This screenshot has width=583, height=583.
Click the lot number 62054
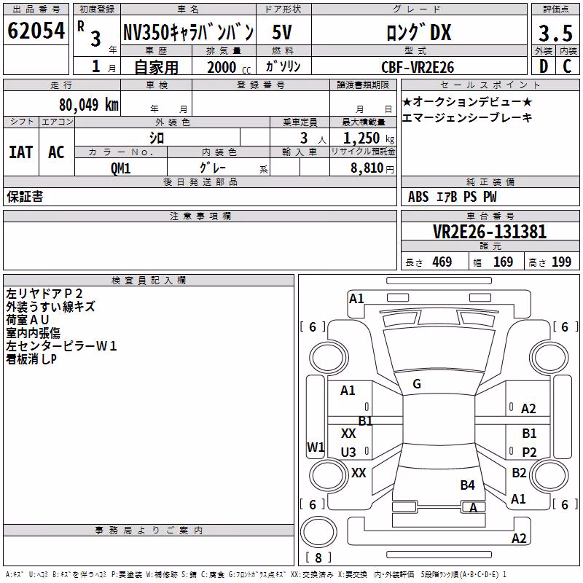36,31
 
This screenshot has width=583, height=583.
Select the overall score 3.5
555,33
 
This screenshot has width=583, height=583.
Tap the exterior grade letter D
544,66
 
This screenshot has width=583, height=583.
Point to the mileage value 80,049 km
88,105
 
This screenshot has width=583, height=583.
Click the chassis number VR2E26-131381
490,232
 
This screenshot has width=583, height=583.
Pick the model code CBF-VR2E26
418,67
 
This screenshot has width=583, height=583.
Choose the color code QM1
120,168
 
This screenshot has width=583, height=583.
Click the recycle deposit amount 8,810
367,168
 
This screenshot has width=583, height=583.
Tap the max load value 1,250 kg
369,138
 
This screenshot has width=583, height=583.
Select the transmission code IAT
21,152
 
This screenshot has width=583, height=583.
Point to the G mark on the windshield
417,384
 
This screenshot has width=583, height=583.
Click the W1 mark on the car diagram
316,447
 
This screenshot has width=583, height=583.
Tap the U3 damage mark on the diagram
348,452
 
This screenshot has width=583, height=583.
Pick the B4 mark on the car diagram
467,485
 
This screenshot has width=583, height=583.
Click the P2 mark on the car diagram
529,452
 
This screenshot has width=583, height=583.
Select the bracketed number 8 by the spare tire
318,557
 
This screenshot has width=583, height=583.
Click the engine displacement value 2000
222,67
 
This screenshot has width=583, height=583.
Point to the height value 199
561,262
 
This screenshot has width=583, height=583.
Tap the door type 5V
282,32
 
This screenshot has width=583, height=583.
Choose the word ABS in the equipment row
418,197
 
